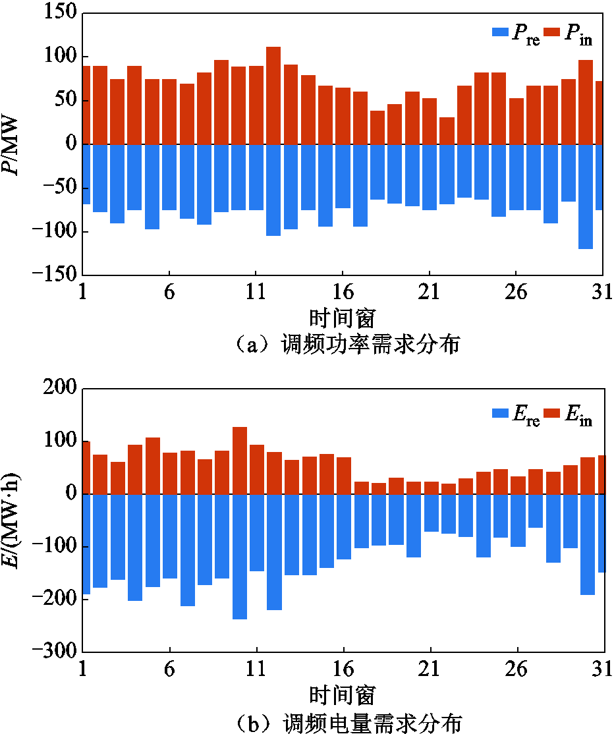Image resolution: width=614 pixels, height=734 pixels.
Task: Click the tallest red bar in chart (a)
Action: [273, 96]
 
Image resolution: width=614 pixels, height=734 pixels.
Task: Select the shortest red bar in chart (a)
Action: [447, 131]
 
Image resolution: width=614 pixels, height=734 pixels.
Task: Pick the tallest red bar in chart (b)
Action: [240, 461]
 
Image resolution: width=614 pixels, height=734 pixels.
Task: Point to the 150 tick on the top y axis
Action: [61, 14]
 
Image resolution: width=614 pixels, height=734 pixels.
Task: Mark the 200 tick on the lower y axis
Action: [61, 389]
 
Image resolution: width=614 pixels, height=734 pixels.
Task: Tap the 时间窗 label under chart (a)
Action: [342, 318]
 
